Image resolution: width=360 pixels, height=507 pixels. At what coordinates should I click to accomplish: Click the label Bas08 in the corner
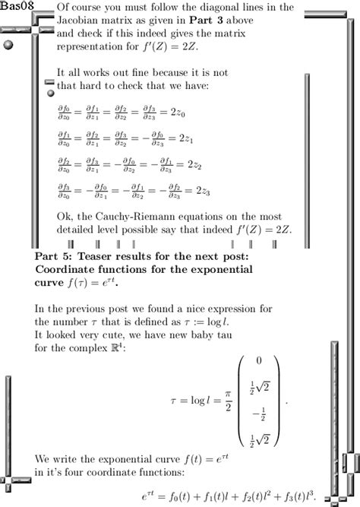pyautogui.click(x=16, y=6)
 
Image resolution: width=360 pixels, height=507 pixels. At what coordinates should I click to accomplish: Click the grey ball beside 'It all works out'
pyautogui.click(x=50, y=93)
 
